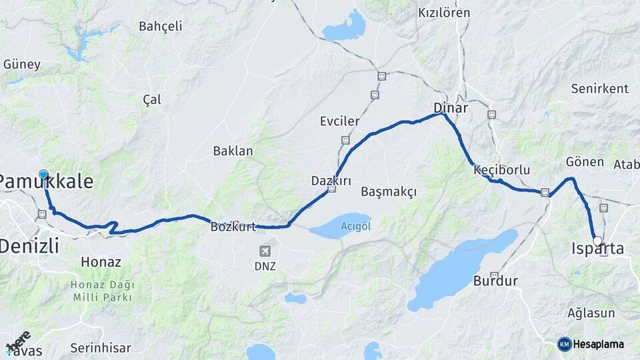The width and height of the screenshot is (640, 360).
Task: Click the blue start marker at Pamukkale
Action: coord(43,175)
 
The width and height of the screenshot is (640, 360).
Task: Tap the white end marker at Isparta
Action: coord(597,241)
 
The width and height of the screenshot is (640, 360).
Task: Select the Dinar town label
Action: coord(451,107)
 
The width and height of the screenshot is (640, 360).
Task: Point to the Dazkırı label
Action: coord(331,181)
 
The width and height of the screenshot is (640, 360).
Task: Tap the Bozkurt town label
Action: coord(233,227)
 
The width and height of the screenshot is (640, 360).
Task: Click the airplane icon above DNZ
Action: coord(265,251)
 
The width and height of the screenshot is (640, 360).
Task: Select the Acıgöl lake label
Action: coord(355,226)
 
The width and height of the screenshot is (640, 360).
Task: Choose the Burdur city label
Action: coord(495,281)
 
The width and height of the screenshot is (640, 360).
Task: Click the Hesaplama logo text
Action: coord(599,344)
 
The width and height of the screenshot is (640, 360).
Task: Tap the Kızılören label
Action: coord(443,13)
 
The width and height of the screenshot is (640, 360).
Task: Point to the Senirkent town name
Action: coord(600,89)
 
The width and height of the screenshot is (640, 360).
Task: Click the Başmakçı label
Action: coord(388,192)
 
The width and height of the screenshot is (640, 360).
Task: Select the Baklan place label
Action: coord(233,151)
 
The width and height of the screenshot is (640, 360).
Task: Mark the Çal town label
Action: coord(152,99)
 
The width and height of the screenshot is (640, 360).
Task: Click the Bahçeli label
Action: coord(160,27)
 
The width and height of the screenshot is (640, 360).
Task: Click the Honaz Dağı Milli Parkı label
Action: coord(101,291)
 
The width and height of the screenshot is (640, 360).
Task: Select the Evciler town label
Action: coord(339,121)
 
